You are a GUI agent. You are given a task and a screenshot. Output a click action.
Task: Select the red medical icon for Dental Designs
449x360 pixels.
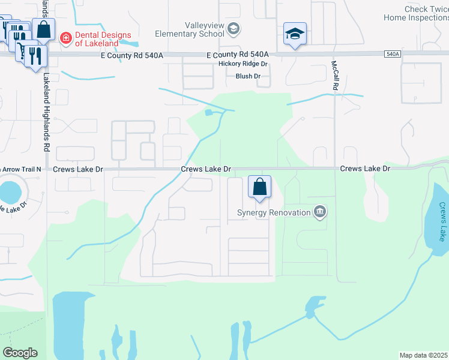pyautogui.click(x=65, y=38)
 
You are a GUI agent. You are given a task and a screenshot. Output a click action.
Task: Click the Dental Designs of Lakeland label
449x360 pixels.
pyautogui.click(x=103, y=39)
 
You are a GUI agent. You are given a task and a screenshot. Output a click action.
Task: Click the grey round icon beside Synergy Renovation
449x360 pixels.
pyautogui.click(x=320, y=211)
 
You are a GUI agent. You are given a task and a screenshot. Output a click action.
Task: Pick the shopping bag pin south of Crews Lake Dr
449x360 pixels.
pyautogui.click(x=259, y=187)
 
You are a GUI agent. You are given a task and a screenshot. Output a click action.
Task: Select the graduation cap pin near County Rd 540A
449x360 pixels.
pyautogui.click(x=295, y=34)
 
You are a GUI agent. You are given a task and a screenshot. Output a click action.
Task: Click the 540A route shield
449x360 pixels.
pyautogui.click(x=392, y=54)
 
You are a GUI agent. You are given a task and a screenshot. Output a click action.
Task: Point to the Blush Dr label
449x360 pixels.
pyautogui.click(x=248, y=76)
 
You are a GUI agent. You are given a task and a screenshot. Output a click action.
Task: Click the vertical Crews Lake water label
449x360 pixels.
pyautogui.click(x=442, y=221)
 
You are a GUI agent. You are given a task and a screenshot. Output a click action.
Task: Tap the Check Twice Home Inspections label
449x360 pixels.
pyautogui.click(x=416, y=13)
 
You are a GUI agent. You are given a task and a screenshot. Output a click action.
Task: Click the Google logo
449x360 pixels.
pyautogui.click(x=20, y=353)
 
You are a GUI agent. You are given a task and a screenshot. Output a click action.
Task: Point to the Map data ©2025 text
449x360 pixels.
pyautogui.click(x=424, y=355)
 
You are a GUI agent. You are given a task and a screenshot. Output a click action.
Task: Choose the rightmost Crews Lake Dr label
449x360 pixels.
pyautogui.click(x=365, y=169)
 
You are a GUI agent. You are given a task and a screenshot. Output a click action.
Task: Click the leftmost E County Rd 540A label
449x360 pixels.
pyautogui.click(x=131, y=55)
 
